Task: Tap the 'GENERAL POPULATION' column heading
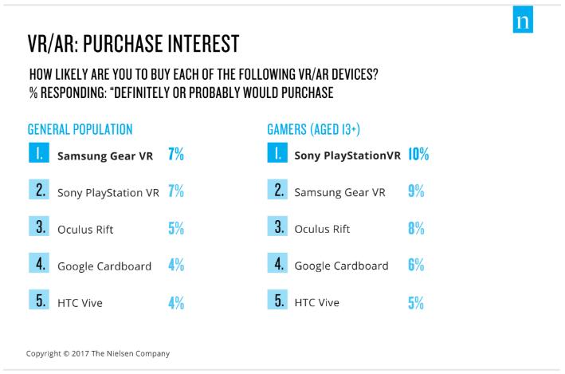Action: click(80, 129)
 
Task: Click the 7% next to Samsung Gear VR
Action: click(176, 156)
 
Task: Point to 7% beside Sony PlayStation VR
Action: click(176, 192)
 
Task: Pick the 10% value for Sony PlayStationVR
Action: click(418, 156)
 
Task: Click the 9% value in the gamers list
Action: click(415, 192)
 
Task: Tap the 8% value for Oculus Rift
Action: click(415, 229)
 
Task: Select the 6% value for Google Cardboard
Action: click(415, 266)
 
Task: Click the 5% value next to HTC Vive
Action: click(415, 303)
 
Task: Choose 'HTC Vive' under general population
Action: click(79, 303)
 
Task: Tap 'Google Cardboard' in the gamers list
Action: click(341, 266)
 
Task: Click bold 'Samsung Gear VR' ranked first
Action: click(105, 156)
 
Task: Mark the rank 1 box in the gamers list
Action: click(277, 156)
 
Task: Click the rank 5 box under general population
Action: click(40, 302)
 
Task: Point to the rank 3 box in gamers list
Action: click(277, 229)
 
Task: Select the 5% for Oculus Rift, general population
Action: click(176, 229)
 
